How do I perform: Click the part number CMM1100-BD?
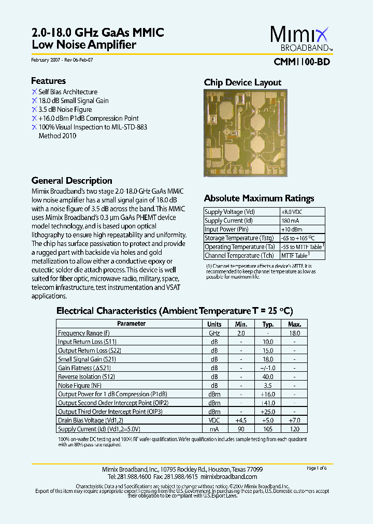301,62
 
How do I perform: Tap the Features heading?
48,81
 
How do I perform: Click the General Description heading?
71,181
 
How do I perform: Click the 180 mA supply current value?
290,221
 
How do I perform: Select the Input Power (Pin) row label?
226,229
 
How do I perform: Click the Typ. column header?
268,324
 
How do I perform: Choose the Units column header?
214,324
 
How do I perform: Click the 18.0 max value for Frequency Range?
294,333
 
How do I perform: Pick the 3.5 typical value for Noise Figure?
268,385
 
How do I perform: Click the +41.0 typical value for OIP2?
268,403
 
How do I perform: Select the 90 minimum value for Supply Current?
241,429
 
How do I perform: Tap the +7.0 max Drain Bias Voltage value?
294,420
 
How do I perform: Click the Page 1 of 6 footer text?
317,468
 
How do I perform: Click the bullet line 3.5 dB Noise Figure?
65,109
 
